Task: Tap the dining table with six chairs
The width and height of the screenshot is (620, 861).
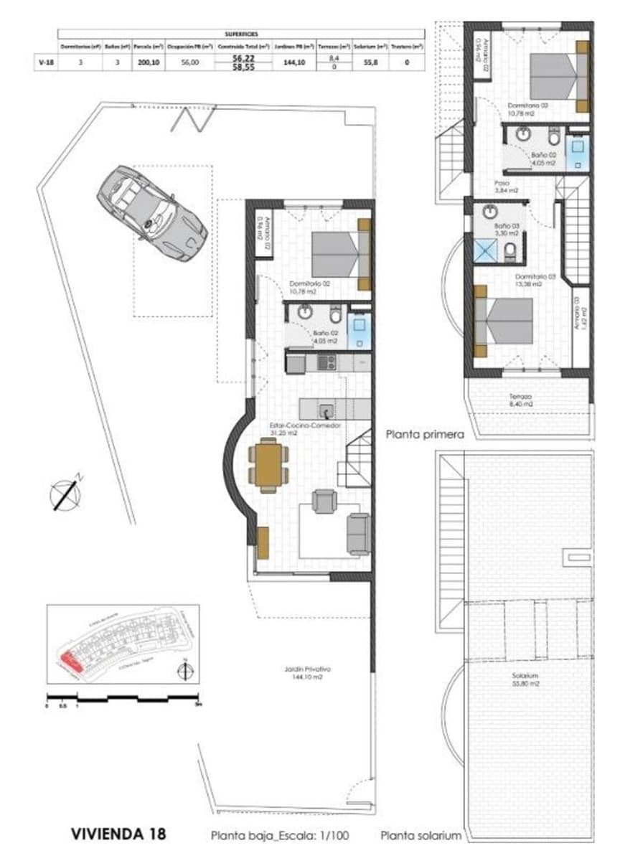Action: [x=269, y=466]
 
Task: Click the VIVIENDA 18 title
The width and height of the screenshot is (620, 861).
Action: [x=118, y=834]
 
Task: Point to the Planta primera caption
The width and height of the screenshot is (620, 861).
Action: [x=425, y=434]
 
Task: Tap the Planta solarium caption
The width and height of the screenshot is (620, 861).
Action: [x=421, y=836]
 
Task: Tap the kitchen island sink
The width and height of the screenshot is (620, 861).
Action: [x=326, y=410]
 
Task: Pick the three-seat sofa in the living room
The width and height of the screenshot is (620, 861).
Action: [x=357, y=532]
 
